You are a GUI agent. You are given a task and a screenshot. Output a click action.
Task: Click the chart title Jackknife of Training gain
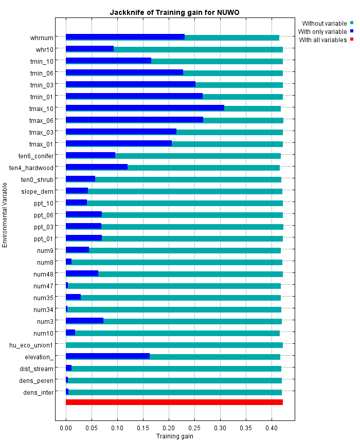pyautogui.click(x=174, y=12)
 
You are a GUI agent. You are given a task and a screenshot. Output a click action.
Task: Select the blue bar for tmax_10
pyautogui.click(x=145, y=108)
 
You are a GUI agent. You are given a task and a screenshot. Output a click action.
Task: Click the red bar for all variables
pyautogui.click(x=174, y=402)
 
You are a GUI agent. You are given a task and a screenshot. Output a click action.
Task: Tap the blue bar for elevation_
pyautogui.click(x=107, y=356)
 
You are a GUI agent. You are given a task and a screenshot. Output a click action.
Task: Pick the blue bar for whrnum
pyautogui.click(x=125, y=37)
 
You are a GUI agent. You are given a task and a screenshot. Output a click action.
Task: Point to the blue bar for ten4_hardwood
pyautogui.click(x=97, y=167)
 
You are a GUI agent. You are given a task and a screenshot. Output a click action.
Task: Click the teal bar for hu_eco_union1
pyautogui.click(x=174, y=345)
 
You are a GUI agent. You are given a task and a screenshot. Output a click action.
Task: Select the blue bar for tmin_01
pyautogui.click(x=134, y=96)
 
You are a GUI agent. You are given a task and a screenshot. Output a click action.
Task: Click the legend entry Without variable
pyautogui.click(x=325, y=23)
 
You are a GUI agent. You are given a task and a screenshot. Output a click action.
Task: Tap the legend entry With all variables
pyautogui.click(x=323, y=40)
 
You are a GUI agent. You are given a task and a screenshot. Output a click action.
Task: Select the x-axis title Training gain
pyautogui.click(x=174, y=436)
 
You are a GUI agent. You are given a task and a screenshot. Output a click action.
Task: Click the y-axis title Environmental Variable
pyautogui.click(x=5, y=214)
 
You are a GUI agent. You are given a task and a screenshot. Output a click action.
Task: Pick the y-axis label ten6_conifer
pyautogui.click(x=35, y=155)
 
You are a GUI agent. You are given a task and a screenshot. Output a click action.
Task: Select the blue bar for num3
pyautogui.click(x=84, y=321)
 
